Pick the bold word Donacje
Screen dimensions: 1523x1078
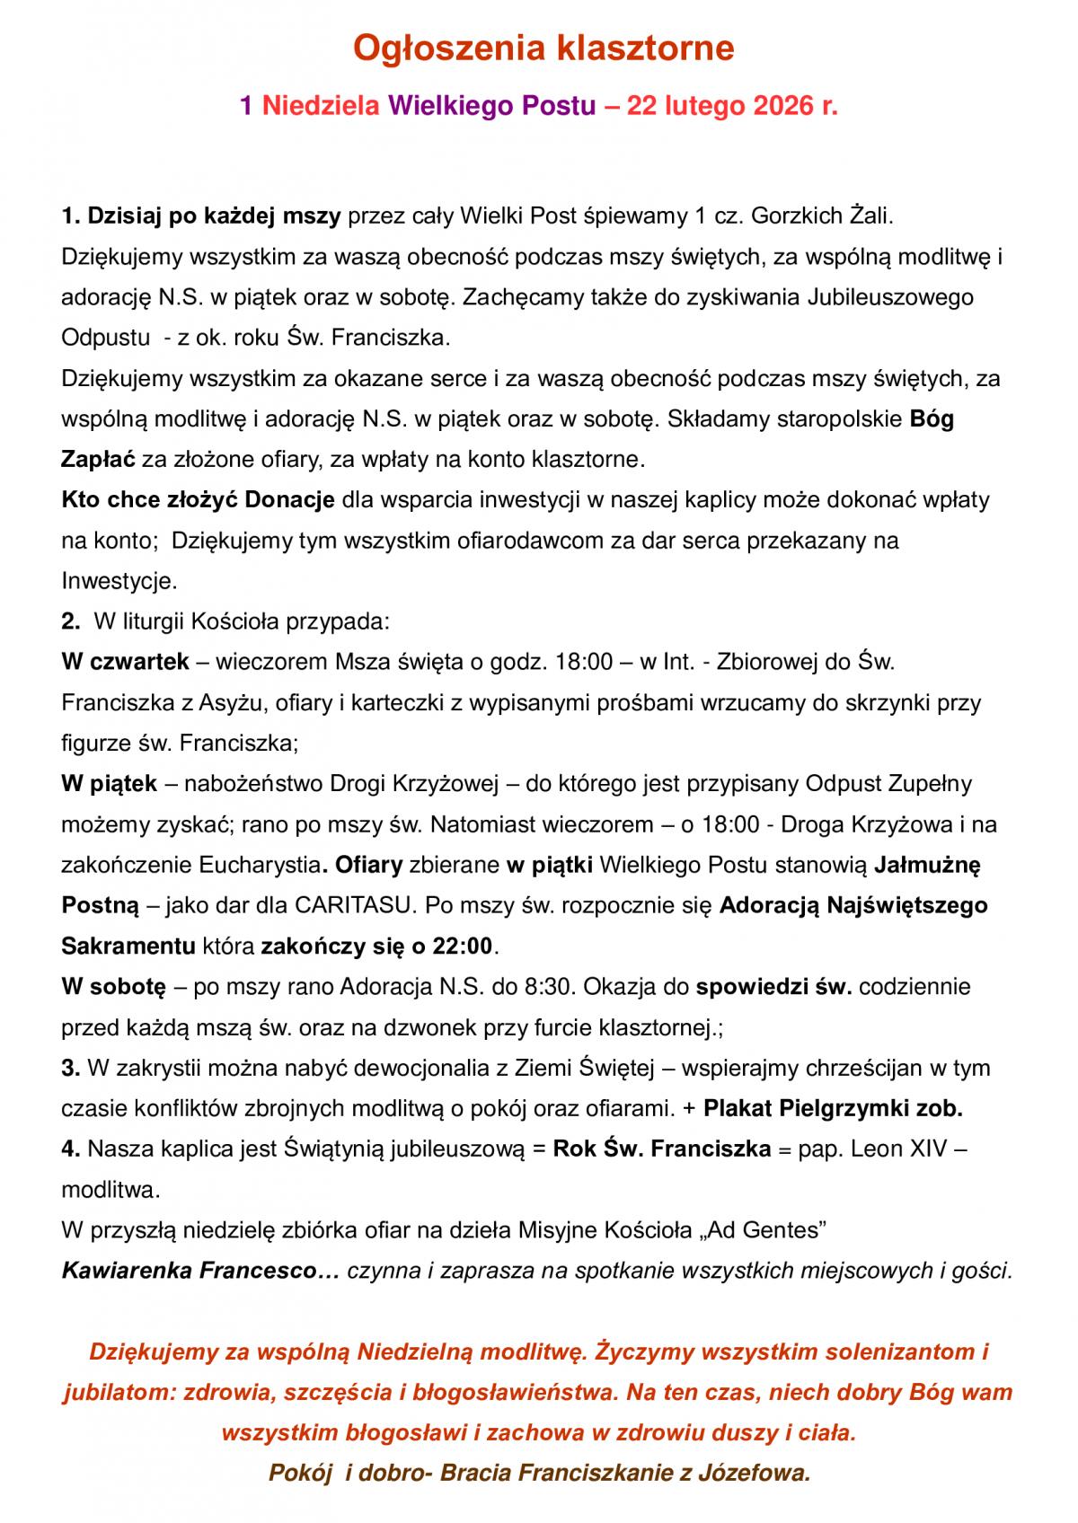point(290,499)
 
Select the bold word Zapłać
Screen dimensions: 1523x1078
point(98,459)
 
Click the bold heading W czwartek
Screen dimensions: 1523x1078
point(126,662)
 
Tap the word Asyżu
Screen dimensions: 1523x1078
point(233,702)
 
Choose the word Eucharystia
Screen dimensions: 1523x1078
point(259,865)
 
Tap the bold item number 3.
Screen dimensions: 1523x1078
point(70,1068)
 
